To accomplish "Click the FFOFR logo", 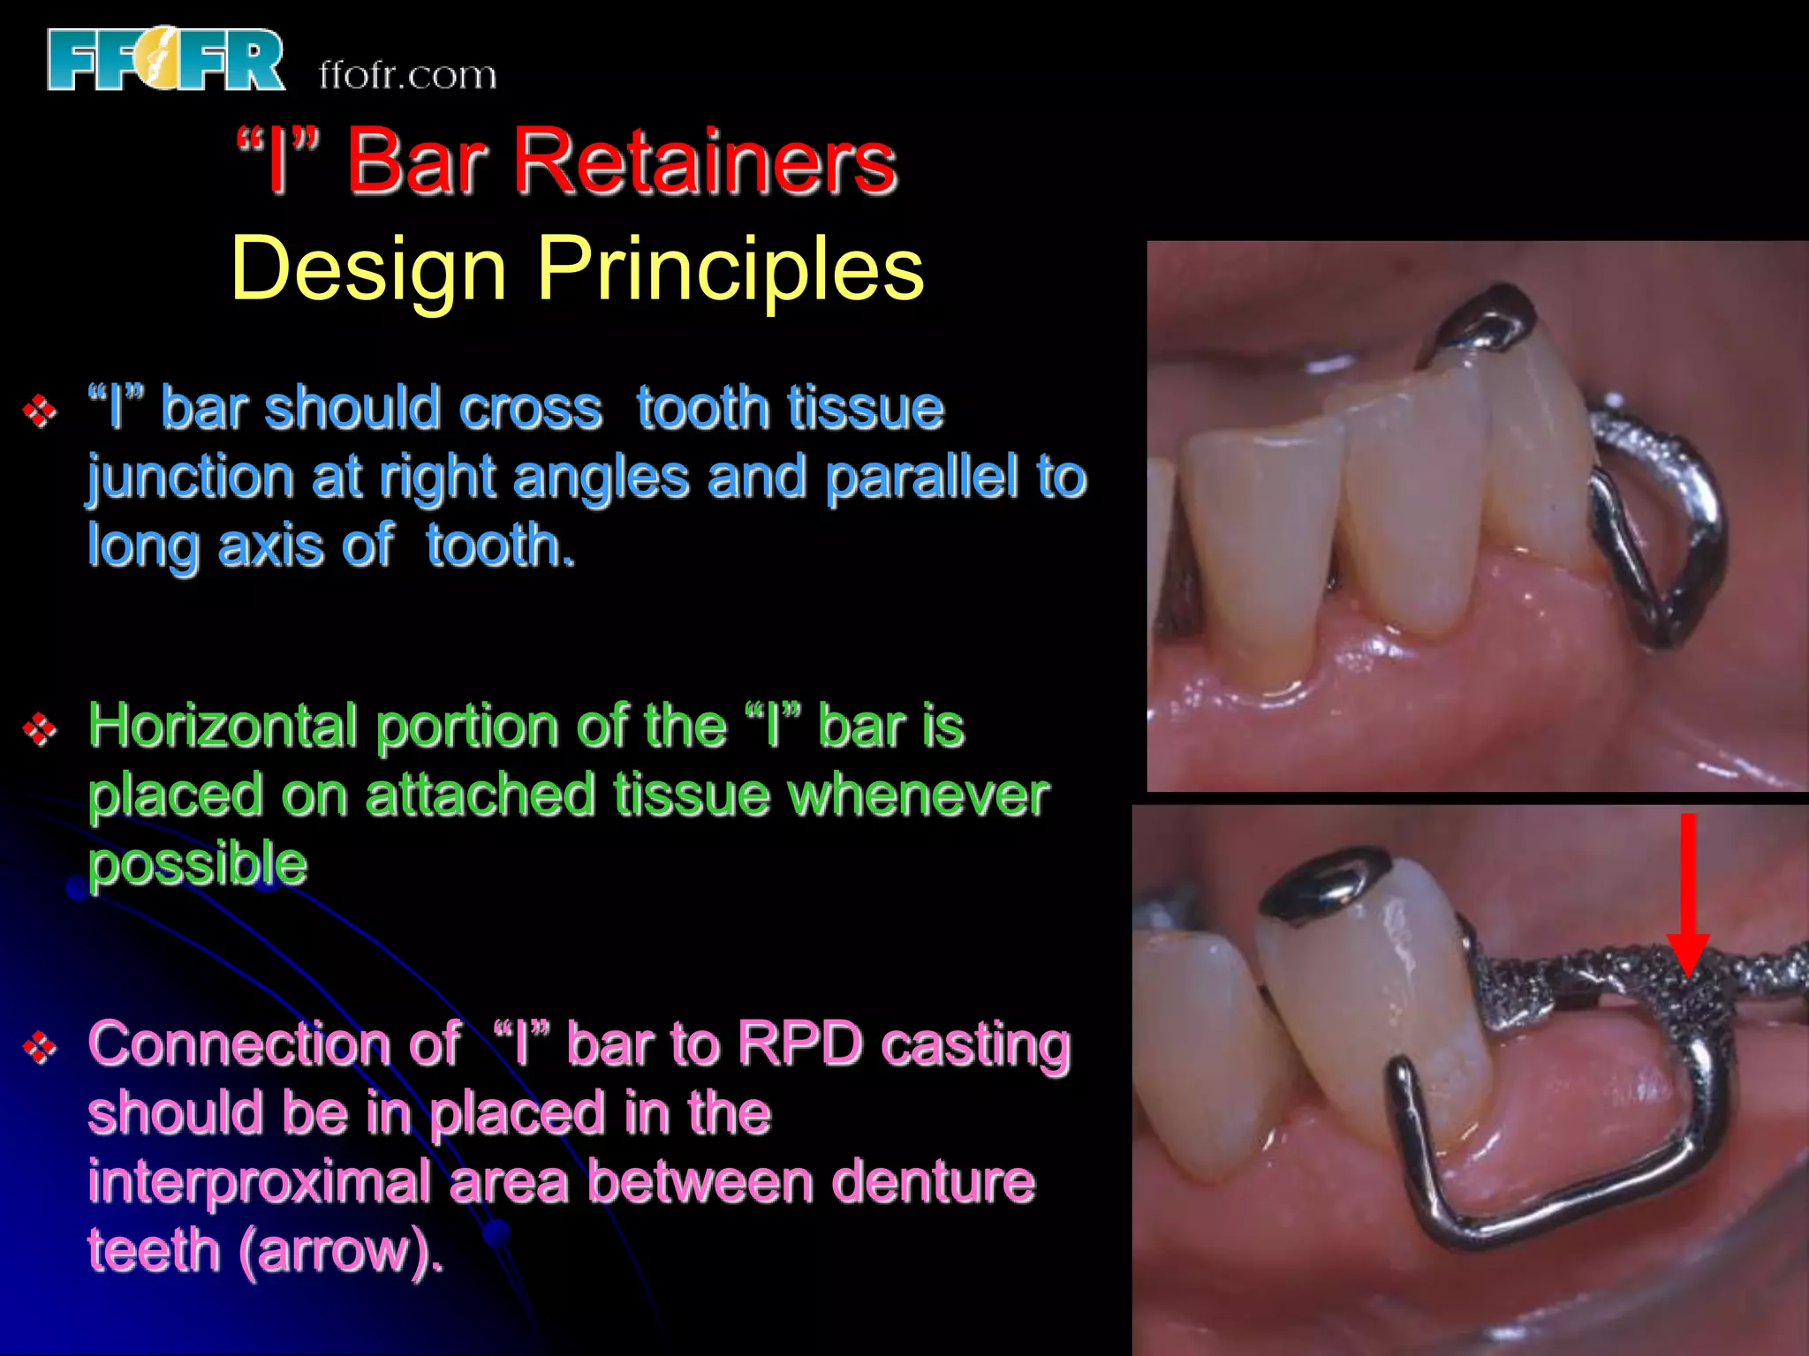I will pyautogui.click(x=165, y=59).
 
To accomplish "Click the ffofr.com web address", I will pyautogui.click(x=407, y=75).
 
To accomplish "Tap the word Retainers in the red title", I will pyautogui.click(x=705, y=161).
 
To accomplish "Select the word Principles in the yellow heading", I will pyautogui.click(x=730, y=268).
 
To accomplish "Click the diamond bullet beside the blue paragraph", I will pyautogui.click(x=40, y=411).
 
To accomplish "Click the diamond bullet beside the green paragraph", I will pyautogui.click(x=40, y=729).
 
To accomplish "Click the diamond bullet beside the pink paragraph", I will pyautogui.click(x=40, y=1047).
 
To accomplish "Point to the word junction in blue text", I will pyautogui.click(x=190, y=478).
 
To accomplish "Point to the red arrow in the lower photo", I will pyautogui.click(x=1687, y=892).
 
